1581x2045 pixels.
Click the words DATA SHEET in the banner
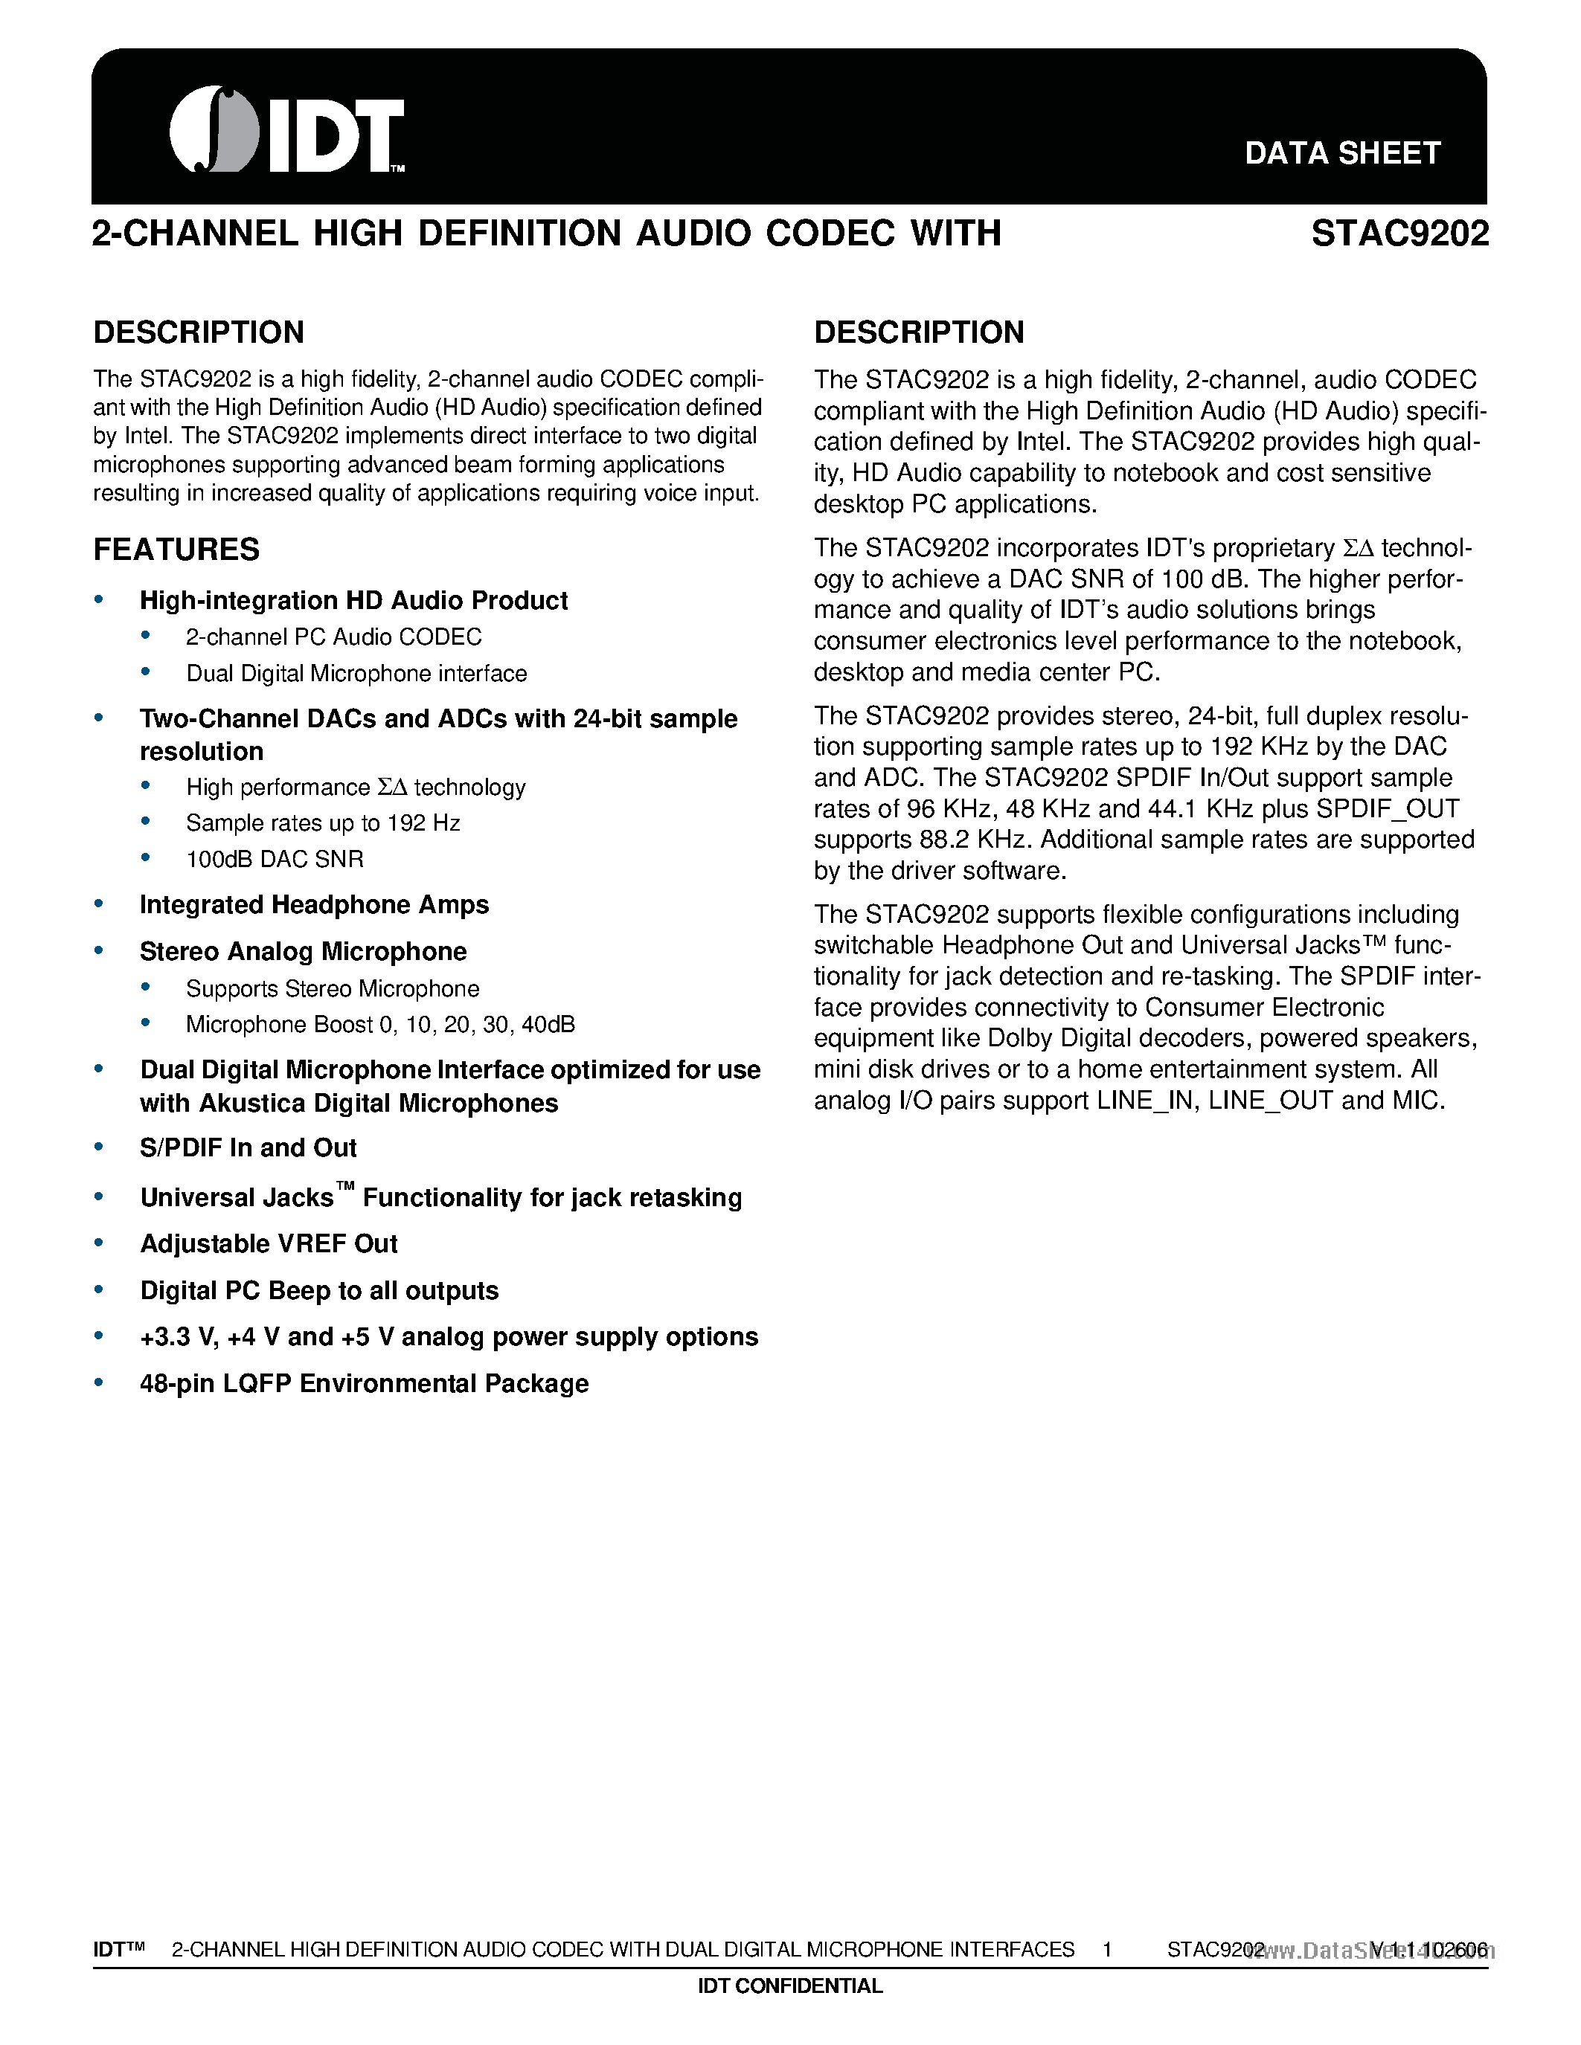click(x=1341, y=154)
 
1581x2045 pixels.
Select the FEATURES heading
click(x=176, y=550)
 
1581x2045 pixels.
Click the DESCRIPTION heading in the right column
click(x=918, y=332)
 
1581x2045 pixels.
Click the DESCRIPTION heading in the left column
click(x=199, y=332)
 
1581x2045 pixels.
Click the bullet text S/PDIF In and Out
click(x=248, y=1148)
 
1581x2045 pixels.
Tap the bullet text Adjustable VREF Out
click(x=269, y=1243)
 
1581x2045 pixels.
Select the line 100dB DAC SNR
click(x=275, y=860)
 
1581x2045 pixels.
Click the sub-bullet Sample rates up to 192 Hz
click(x=323, y=823)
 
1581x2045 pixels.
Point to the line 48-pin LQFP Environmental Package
click(x=363, y=1384)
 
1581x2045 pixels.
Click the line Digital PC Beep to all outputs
click(x=318, y=1290)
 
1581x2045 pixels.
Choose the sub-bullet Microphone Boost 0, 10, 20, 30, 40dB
click(x=380, y=1025)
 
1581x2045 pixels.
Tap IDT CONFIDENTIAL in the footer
click(x=789, y=1986)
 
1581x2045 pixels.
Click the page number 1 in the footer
click(x=1106, y=1950)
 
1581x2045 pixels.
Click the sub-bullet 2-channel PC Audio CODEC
click(x=333, y=637)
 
